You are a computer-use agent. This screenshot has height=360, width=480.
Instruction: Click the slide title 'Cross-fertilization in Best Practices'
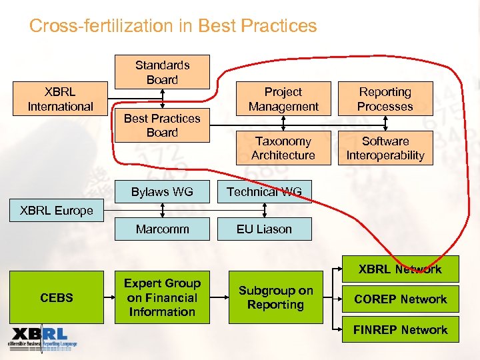click(x=173, y=26)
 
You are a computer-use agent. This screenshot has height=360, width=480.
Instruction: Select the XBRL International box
click(x=60, y=99)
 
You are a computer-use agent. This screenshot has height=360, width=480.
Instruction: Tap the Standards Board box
click(x=162, y=72)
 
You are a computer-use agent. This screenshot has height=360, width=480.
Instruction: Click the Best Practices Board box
click(x=162, y=125)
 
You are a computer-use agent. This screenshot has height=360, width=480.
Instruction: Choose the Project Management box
click(x=283, y=99)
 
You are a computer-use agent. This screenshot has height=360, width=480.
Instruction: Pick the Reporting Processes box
click(x=385, y=99)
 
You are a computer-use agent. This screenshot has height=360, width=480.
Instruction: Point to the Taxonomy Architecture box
click(x=283, y=148)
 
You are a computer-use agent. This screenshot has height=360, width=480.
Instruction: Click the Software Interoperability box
click(x=385, y=148)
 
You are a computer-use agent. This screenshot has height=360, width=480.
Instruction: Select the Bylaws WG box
click(x=162, y=192)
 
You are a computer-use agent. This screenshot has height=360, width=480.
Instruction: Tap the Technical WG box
click(x=264, y=192)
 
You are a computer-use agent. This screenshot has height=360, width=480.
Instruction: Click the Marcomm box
click(x=162, y=229)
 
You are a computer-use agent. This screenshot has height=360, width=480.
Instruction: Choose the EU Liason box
click(x=264, y=229)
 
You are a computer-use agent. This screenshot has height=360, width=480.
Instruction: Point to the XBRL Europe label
click(x=57, y=211)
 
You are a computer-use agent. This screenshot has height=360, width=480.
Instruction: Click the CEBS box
click(x=57, y=297)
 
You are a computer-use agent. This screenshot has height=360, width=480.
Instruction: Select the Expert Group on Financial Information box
click(x=162, y=297)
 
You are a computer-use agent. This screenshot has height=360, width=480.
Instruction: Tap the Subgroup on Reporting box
click(x=275, y=297)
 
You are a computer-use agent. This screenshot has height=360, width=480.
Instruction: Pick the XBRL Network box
click(x=400, y=269)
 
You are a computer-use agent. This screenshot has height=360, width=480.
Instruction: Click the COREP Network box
click(x=400, y=299)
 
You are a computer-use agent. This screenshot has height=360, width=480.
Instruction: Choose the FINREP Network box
click(x=400, y=330)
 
